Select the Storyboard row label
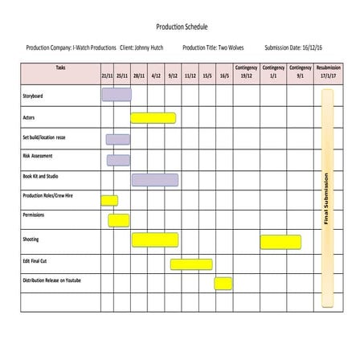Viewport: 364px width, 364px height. pos(34,96)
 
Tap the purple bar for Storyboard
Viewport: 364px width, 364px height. pos(117,95)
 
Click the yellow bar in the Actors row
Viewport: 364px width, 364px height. pos(153,118)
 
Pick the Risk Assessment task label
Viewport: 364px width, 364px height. pos(38,156)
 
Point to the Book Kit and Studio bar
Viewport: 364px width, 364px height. pos(155,179)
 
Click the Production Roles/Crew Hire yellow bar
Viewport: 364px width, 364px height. pos(109,200)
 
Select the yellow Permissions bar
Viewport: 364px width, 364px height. pos(119,219)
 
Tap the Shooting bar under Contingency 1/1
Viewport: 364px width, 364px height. pos(280,241)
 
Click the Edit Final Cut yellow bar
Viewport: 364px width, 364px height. pos(191,264)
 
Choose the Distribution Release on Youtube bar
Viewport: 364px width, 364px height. pos(223,283)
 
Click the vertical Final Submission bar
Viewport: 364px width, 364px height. pos(327,199)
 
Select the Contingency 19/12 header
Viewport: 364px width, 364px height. pos(246,72)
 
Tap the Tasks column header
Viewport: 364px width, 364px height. pos(61,68)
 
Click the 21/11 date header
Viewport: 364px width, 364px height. pos(107,76)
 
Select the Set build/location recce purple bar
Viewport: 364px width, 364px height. pos(117,139)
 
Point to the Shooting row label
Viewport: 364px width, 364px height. pos(31,239)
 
